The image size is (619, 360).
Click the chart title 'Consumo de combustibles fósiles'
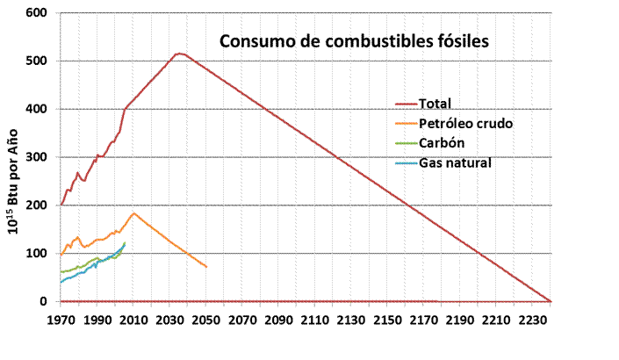coord(351,41)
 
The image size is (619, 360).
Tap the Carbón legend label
coord(442,143)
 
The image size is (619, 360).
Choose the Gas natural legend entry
coord(455,163)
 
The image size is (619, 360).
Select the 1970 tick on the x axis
coord(61,320)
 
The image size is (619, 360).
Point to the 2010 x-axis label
coord(133,320)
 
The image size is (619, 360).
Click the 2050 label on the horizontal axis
coord(206,320)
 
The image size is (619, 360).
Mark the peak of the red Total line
coord(179,54)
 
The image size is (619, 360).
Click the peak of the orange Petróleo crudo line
coord(133,213)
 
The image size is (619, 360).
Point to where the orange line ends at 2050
coord(206,266)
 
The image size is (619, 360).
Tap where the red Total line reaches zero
coord(550,301)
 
